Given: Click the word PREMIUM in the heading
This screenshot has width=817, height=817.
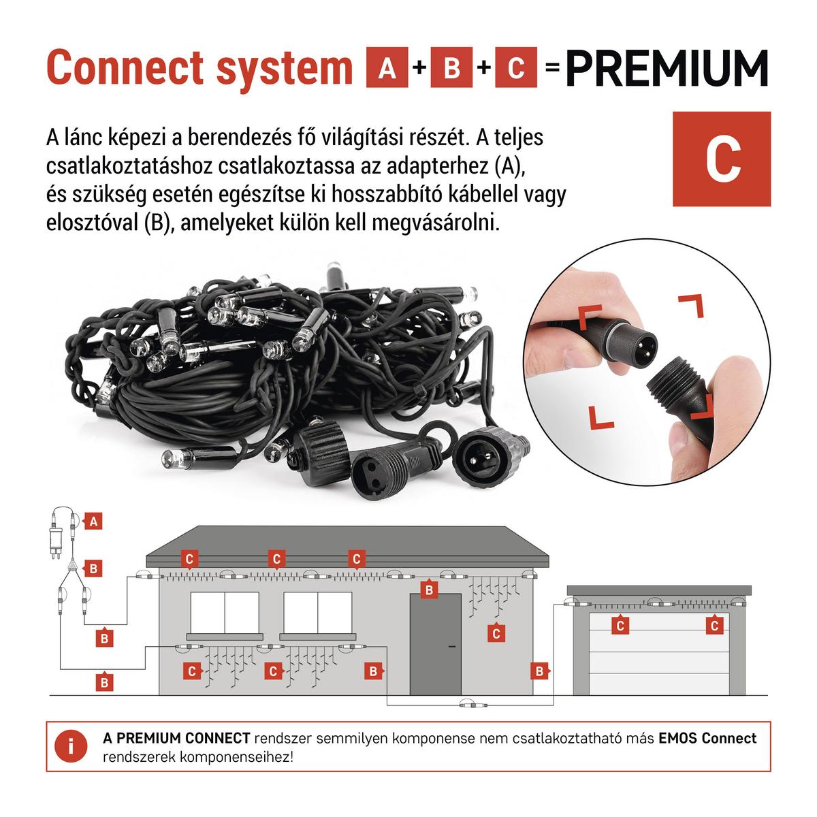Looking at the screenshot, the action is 667,68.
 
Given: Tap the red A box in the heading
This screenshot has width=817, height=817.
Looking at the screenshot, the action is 387,67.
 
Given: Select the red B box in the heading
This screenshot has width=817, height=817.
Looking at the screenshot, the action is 451,67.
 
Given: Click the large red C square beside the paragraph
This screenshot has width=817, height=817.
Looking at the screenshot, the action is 722,159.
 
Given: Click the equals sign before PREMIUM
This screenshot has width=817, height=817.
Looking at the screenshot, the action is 552,68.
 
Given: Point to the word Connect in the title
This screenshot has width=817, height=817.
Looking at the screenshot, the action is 125,68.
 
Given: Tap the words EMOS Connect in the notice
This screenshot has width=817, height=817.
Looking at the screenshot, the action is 707,738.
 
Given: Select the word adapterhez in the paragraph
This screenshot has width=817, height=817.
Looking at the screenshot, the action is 438,167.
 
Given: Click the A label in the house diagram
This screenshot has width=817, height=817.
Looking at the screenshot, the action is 93,521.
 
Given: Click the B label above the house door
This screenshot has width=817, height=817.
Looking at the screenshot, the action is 429,590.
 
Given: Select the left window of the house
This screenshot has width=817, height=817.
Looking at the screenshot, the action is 225,613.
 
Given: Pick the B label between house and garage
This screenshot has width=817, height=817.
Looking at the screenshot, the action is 539,671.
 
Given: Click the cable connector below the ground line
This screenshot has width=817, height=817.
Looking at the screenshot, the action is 474,705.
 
